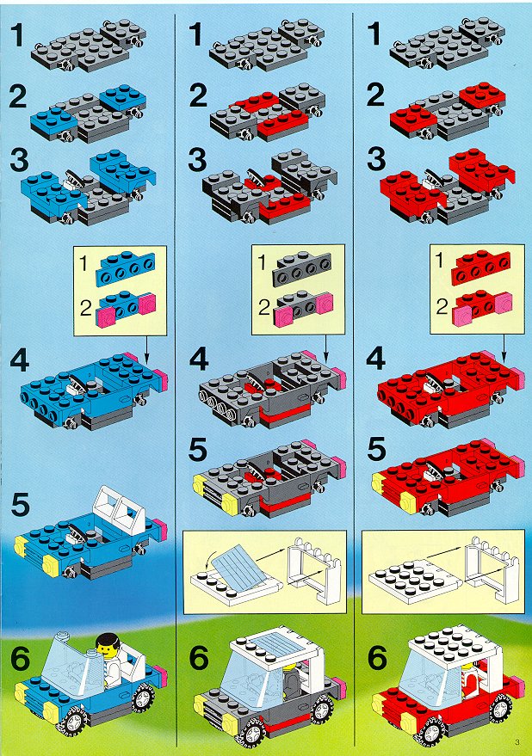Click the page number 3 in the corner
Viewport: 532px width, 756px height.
(x=517, y=741)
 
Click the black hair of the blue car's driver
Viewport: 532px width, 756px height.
(x=108, y=641)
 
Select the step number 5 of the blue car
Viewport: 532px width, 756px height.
(x=20, y=505)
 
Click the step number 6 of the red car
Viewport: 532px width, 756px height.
(x=377, y=658)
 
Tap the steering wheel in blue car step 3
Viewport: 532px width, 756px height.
(x=75, y=178)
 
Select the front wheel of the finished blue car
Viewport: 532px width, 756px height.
(x=74, y=722)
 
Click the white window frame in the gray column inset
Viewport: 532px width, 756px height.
(x=315, y=569)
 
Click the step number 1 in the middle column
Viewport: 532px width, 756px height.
(x=195, y=34)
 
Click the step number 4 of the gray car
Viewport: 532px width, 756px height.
(x=199, y=360)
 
